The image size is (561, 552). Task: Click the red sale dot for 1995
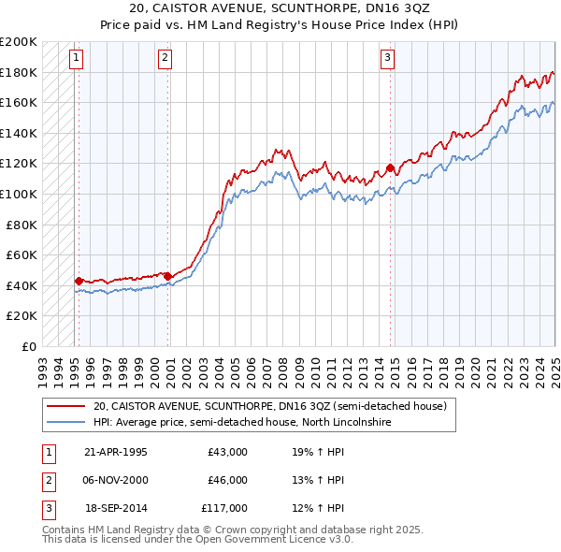79,280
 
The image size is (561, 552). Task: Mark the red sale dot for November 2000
168,275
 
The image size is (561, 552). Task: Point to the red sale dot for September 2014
390,168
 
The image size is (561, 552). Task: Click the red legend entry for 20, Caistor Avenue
270,406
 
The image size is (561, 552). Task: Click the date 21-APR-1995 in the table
116,452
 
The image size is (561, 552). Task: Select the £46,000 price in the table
228,480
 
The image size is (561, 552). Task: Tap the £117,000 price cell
224,508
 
